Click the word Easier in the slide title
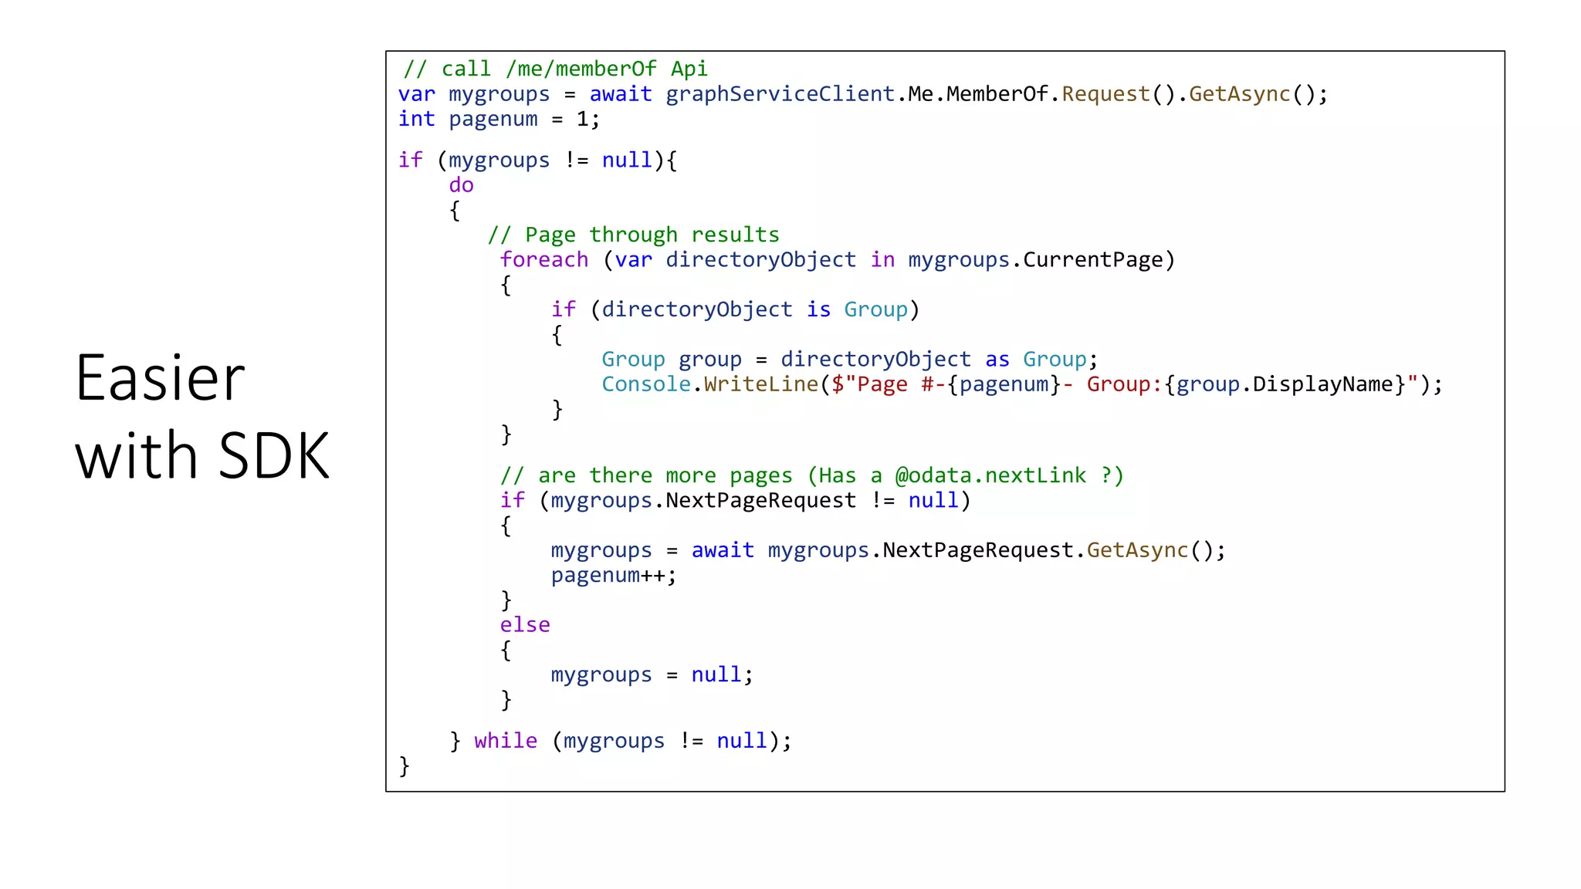click(160, 378)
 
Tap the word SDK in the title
click(274, 455)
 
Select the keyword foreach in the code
click(544, 260)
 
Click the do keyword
click(461, 185)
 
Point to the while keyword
click(506, 741)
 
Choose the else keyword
click(525, 624)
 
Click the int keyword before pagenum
click(417, 119)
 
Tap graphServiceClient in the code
click(780, 94)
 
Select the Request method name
click(1105, 94)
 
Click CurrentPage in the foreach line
click(1092, 260)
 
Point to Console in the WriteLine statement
click(646, 384)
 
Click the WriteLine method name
click(760, 384)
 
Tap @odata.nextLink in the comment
click(990, 475)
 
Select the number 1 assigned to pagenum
click(583, 119)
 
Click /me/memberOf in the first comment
click(581, 69)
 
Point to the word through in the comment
click(633, 235)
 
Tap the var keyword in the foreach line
click(634, 260)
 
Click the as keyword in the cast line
click(997, 360)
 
